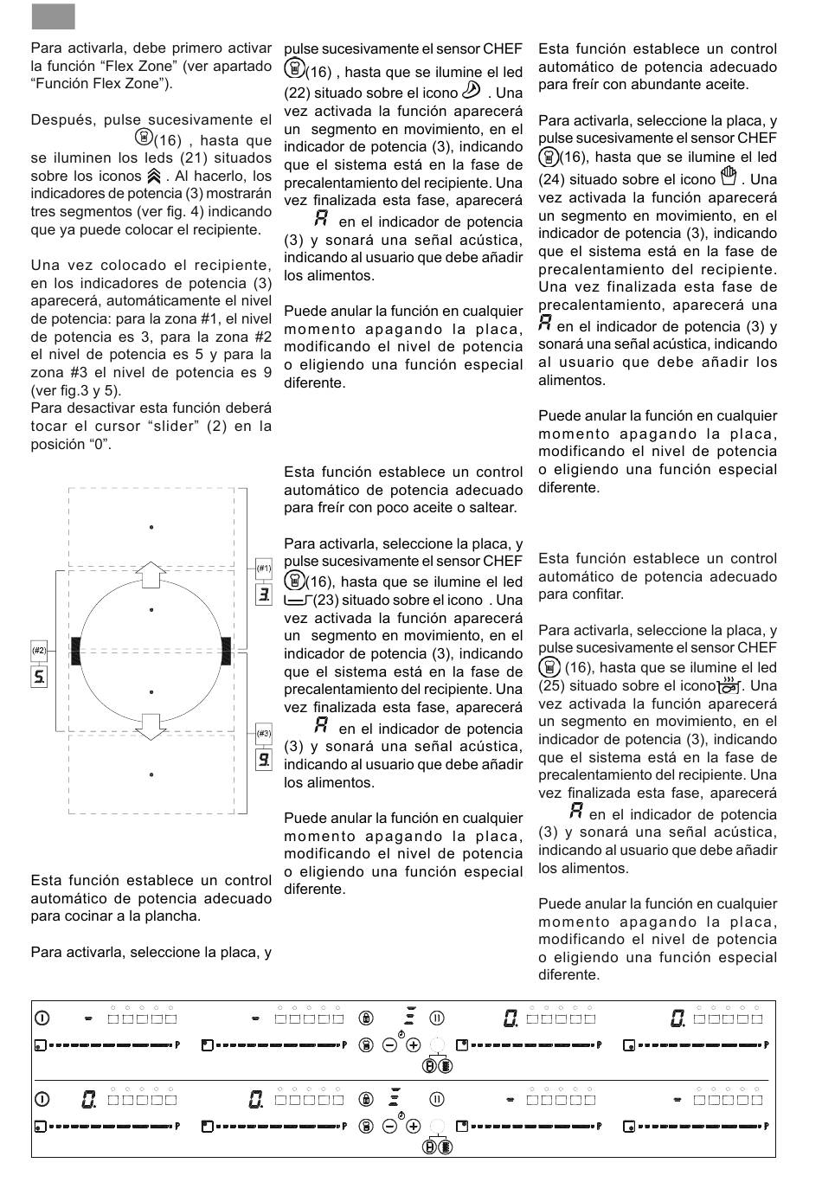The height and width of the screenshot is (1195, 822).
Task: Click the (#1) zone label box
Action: pos(264,569)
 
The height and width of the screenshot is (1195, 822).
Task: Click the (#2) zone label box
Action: pos(39,650)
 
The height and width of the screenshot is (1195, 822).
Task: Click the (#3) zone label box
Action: pos(264,733)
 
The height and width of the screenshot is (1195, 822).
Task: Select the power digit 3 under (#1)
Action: pos(264,594)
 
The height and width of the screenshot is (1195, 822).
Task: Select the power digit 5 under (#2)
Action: pos(39,676)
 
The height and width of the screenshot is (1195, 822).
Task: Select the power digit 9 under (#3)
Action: pos(264,760)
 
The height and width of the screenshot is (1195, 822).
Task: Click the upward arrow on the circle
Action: pos(151,573)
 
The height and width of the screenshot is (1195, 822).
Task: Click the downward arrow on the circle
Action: pos(151,726)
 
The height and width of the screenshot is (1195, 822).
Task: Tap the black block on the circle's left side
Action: pos(76,650)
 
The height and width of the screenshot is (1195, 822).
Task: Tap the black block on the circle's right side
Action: pos(226,650)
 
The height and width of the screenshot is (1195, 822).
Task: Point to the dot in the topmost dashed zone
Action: pos(151,527)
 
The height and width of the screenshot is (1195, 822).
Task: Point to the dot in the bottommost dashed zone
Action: pos(151,774)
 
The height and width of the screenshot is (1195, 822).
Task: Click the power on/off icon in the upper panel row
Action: pos(42,1018)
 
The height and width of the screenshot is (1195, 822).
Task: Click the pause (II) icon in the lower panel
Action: pos(437,1099)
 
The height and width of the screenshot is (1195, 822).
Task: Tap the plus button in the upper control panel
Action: pos(414,1045)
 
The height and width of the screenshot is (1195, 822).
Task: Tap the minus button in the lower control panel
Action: pos(389,1126)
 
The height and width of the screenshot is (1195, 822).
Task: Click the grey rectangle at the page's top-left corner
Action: pos(53,16)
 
